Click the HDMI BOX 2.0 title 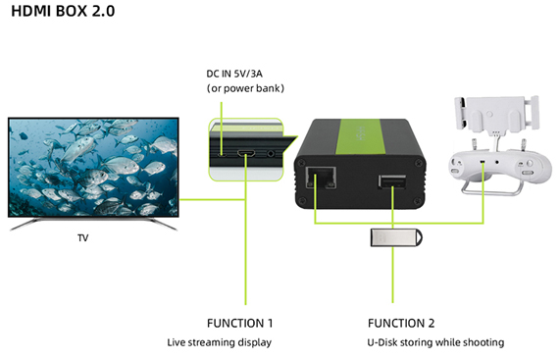[63, 11]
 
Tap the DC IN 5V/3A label [234, 74]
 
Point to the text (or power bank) [245, 88]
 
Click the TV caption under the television [82, 237]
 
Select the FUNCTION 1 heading [239, 323]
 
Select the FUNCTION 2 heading [401, 323]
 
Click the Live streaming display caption [220, 342]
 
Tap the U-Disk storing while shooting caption [435, 342]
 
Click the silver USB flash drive [396, 237]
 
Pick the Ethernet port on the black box [321, 178]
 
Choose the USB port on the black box [391, 181]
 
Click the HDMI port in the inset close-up [246, 154]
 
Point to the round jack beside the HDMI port [271, 154]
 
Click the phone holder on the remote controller [496, 112]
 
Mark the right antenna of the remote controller [524, 145]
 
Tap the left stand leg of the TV [25, 224]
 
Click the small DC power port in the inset [223, 155]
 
